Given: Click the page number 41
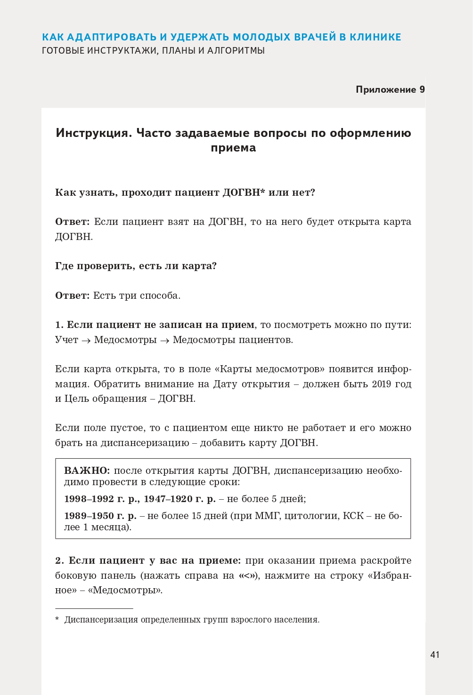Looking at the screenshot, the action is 434,655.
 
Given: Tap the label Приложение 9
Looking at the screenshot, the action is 390,89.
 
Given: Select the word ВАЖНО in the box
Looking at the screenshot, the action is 87,471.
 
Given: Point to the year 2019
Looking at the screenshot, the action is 381,384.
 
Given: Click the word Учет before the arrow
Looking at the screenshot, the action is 66,340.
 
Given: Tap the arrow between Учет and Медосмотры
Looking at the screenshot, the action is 86,341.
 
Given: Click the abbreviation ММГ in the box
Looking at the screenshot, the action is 267,516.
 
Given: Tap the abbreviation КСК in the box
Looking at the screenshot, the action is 353,516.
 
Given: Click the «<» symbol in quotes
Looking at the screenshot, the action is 248,575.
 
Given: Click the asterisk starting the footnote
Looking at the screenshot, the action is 57,619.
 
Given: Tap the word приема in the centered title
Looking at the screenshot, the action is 233,148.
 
